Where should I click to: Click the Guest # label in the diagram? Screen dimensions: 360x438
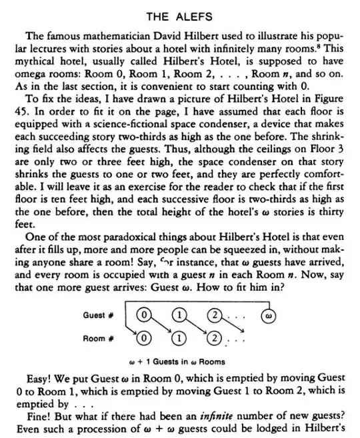point(101,315)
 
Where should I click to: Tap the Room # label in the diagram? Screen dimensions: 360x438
point(101,338)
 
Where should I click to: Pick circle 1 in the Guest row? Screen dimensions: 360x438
point(177,315)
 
